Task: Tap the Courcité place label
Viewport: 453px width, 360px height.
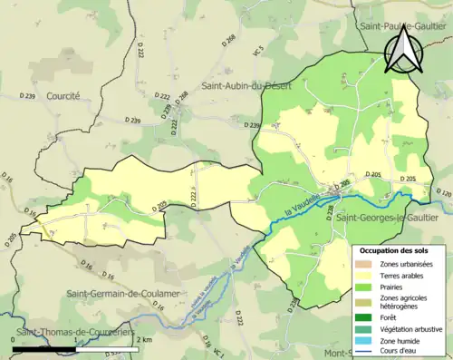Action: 62,94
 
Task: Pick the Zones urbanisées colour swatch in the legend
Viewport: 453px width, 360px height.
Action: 365,264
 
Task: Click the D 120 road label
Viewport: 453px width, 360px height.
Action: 442,194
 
